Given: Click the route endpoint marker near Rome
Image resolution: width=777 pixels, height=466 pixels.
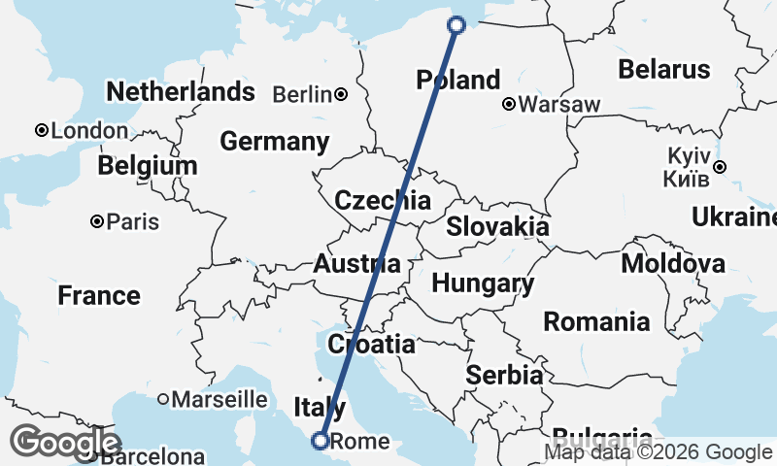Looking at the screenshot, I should coord(320,442).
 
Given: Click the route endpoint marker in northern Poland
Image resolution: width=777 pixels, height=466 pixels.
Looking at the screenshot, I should coord(457,25).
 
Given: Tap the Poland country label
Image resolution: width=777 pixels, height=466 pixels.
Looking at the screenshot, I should coord(457,80).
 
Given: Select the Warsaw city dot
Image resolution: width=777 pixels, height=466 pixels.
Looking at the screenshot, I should coord(509,104).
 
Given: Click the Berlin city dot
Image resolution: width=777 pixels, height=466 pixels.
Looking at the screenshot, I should coord(341,94).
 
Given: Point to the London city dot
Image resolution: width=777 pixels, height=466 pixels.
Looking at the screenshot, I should coord(42,130).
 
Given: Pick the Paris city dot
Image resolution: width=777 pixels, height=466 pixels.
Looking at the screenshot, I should coord(97,221).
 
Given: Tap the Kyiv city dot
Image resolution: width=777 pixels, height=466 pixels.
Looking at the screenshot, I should coord(719,167).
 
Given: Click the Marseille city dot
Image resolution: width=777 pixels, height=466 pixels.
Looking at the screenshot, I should coord(164,399).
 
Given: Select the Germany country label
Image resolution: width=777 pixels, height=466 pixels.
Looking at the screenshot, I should coord(274,142).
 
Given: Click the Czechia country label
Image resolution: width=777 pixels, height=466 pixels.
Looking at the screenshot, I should coord(382,201).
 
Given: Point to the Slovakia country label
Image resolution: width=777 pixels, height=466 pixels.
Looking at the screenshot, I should coord(497,227).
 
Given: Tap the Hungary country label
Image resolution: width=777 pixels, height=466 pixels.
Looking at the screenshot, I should coord(483,284).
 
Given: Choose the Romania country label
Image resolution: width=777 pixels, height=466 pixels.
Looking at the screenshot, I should coord(596,321).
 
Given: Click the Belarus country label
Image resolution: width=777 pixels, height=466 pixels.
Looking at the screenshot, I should coord(664,70).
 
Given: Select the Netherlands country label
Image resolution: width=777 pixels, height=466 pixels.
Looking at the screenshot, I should coord(181,92).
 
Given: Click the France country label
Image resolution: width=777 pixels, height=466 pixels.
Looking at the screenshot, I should coord(98,295).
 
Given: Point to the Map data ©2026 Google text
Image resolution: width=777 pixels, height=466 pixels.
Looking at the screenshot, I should coord(658,452).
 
